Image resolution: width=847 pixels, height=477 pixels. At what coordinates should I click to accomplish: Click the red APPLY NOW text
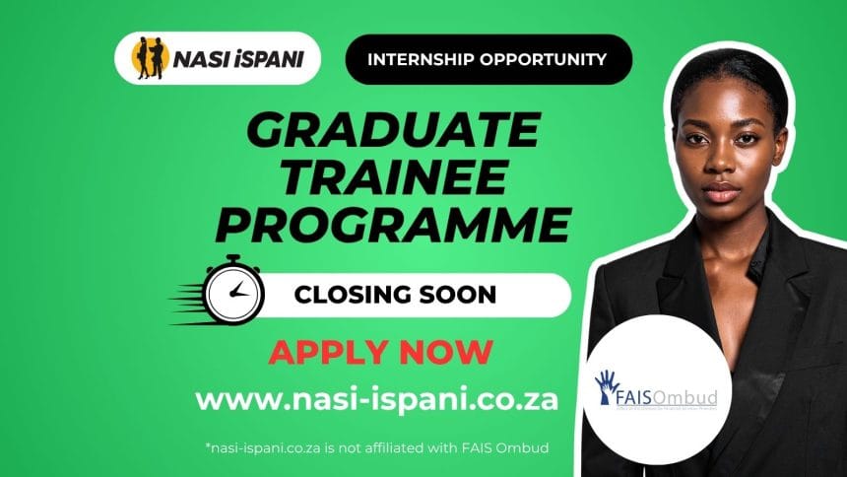tap(380, 351)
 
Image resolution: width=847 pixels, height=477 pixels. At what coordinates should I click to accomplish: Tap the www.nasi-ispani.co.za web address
tap(377, 399)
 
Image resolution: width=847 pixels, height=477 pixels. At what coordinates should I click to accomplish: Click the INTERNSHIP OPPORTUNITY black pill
tap(487, 58)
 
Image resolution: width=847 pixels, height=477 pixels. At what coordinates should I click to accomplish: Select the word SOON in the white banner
tap(456, 294)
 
